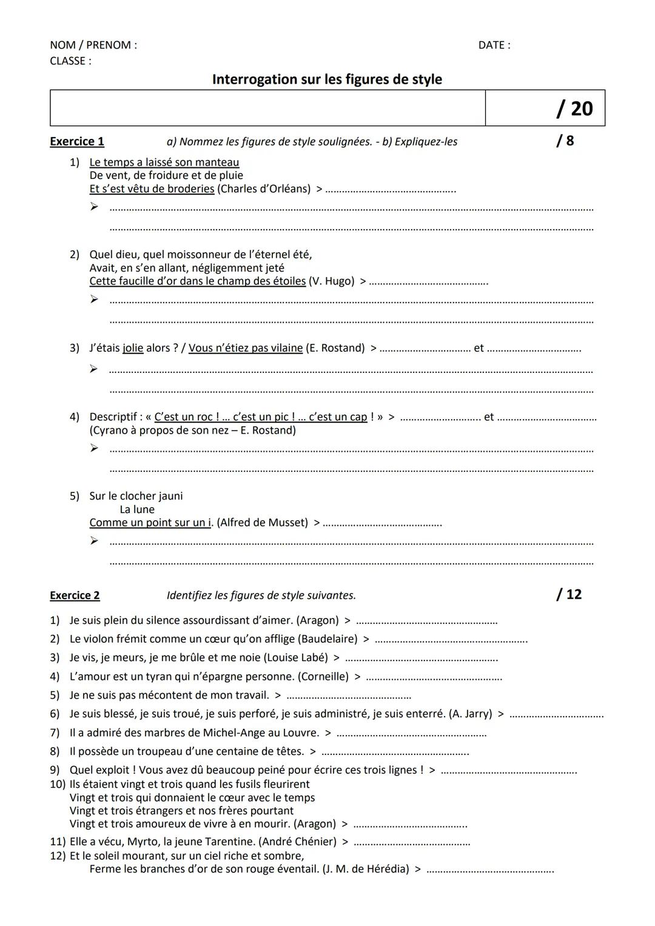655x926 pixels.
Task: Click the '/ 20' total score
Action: [574, 109]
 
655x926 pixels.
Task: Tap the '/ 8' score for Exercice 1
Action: [565, 141]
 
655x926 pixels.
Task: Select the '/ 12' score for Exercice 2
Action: [568, 594]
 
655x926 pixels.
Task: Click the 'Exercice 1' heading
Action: [77, 141]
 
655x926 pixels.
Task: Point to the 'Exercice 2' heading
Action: [75, 596]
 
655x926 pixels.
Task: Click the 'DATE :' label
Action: [494, 45]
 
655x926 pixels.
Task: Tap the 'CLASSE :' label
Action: [70, 61]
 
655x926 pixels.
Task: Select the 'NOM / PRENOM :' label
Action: [93, 45]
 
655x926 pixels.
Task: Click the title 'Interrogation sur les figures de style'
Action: [327, 79]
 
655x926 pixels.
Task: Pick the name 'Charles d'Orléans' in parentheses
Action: [264, 189]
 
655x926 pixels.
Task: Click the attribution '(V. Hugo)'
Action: [331, 281]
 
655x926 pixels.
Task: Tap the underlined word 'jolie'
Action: [133, 348]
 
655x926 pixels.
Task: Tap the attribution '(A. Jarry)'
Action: [470, 714]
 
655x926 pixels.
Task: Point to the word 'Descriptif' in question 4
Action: [113, 417]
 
